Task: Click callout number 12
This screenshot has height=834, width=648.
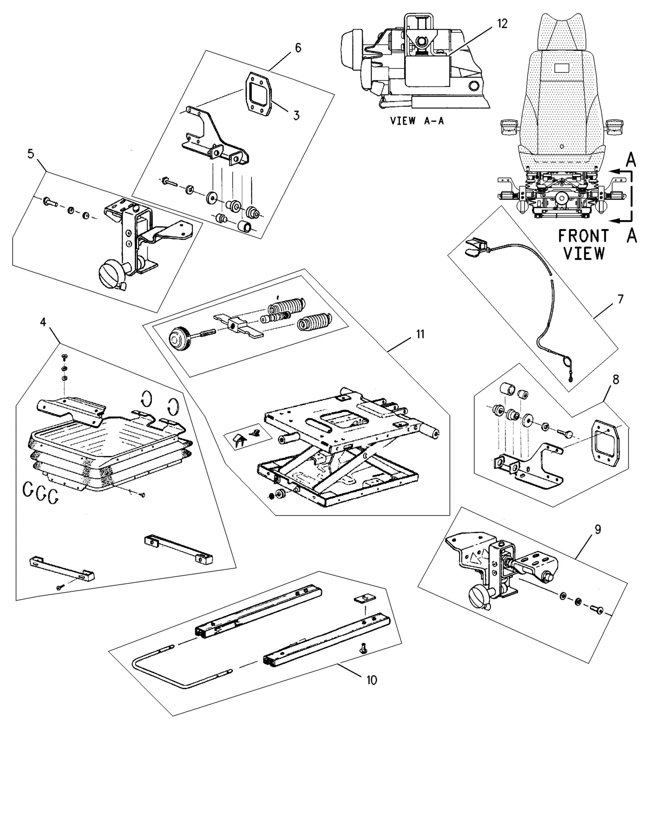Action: coord(502,24)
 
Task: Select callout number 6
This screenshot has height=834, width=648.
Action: coord(298,48)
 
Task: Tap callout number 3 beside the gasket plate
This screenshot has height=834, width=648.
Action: coord(296,115)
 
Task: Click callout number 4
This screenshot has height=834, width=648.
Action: coord(43,322)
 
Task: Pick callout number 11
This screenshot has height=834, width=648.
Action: coord(420,334)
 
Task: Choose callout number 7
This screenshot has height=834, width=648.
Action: coord(620,299)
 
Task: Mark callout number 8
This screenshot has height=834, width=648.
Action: coord(616,379)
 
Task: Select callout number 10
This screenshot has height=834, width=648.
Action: coord(371,680)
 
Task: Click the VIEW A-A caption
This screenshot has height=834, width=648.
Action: coord(417,121)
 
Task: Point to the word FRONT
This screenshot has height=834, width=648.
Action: coord(583,236)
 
